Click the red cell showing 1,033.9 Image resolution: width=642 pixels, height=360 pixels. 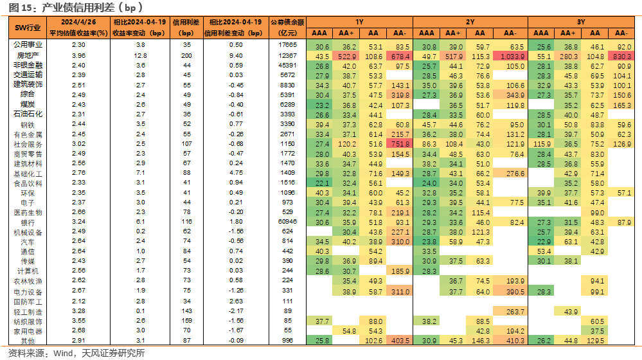click(x=510, y=57)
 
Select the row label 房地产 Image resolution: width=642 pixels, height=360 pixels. click(x=28, y=55)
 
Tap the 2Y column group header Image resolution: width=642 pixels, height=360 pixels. click(x=470, y=22)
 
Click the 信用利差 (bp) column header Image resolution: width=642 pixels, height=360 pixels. click(x=186, y=28)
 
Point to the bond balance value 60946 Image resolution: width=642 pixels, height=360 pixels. click(x=287, y=222)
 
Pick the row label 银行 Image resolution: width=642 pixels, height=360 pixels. click(x=28, y=222)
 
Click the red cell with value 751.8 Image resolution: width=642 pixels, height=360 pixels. click(x=399, y=144)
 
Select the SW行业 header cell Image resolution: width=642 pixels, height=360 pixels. click(x=28, y=28)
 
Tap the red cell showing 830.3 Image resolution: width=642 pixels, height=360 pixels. click(x=621, y=57)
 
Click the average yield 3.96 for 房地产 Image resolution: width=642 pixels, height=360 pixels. click(x=78, y=55)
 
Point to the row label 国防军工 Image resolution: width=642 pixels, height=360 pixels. click(x=28, y=302)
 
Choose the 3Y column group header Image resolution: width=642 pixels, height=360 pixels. click(x=581, y=22)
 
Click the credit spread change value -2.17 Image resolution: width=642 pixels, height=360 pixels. click(x=236, y=311)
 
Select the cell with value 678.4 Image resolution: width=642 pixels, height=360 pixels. click(x=399, y=57)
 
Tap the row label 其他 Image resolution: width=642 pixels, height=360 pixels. click(x=28, y=341)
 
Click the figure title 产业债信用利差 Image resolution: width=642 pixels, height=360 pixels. click(x=78, y=7)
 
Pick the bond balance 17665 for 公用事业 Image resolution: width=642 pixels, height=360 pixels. click(x=287, y=44)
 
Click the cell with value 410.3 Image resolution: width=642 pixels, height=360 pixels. click(x=510, y=340)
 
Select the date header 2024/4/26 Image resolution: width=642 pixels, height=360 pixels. click(x=78, y=22)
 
